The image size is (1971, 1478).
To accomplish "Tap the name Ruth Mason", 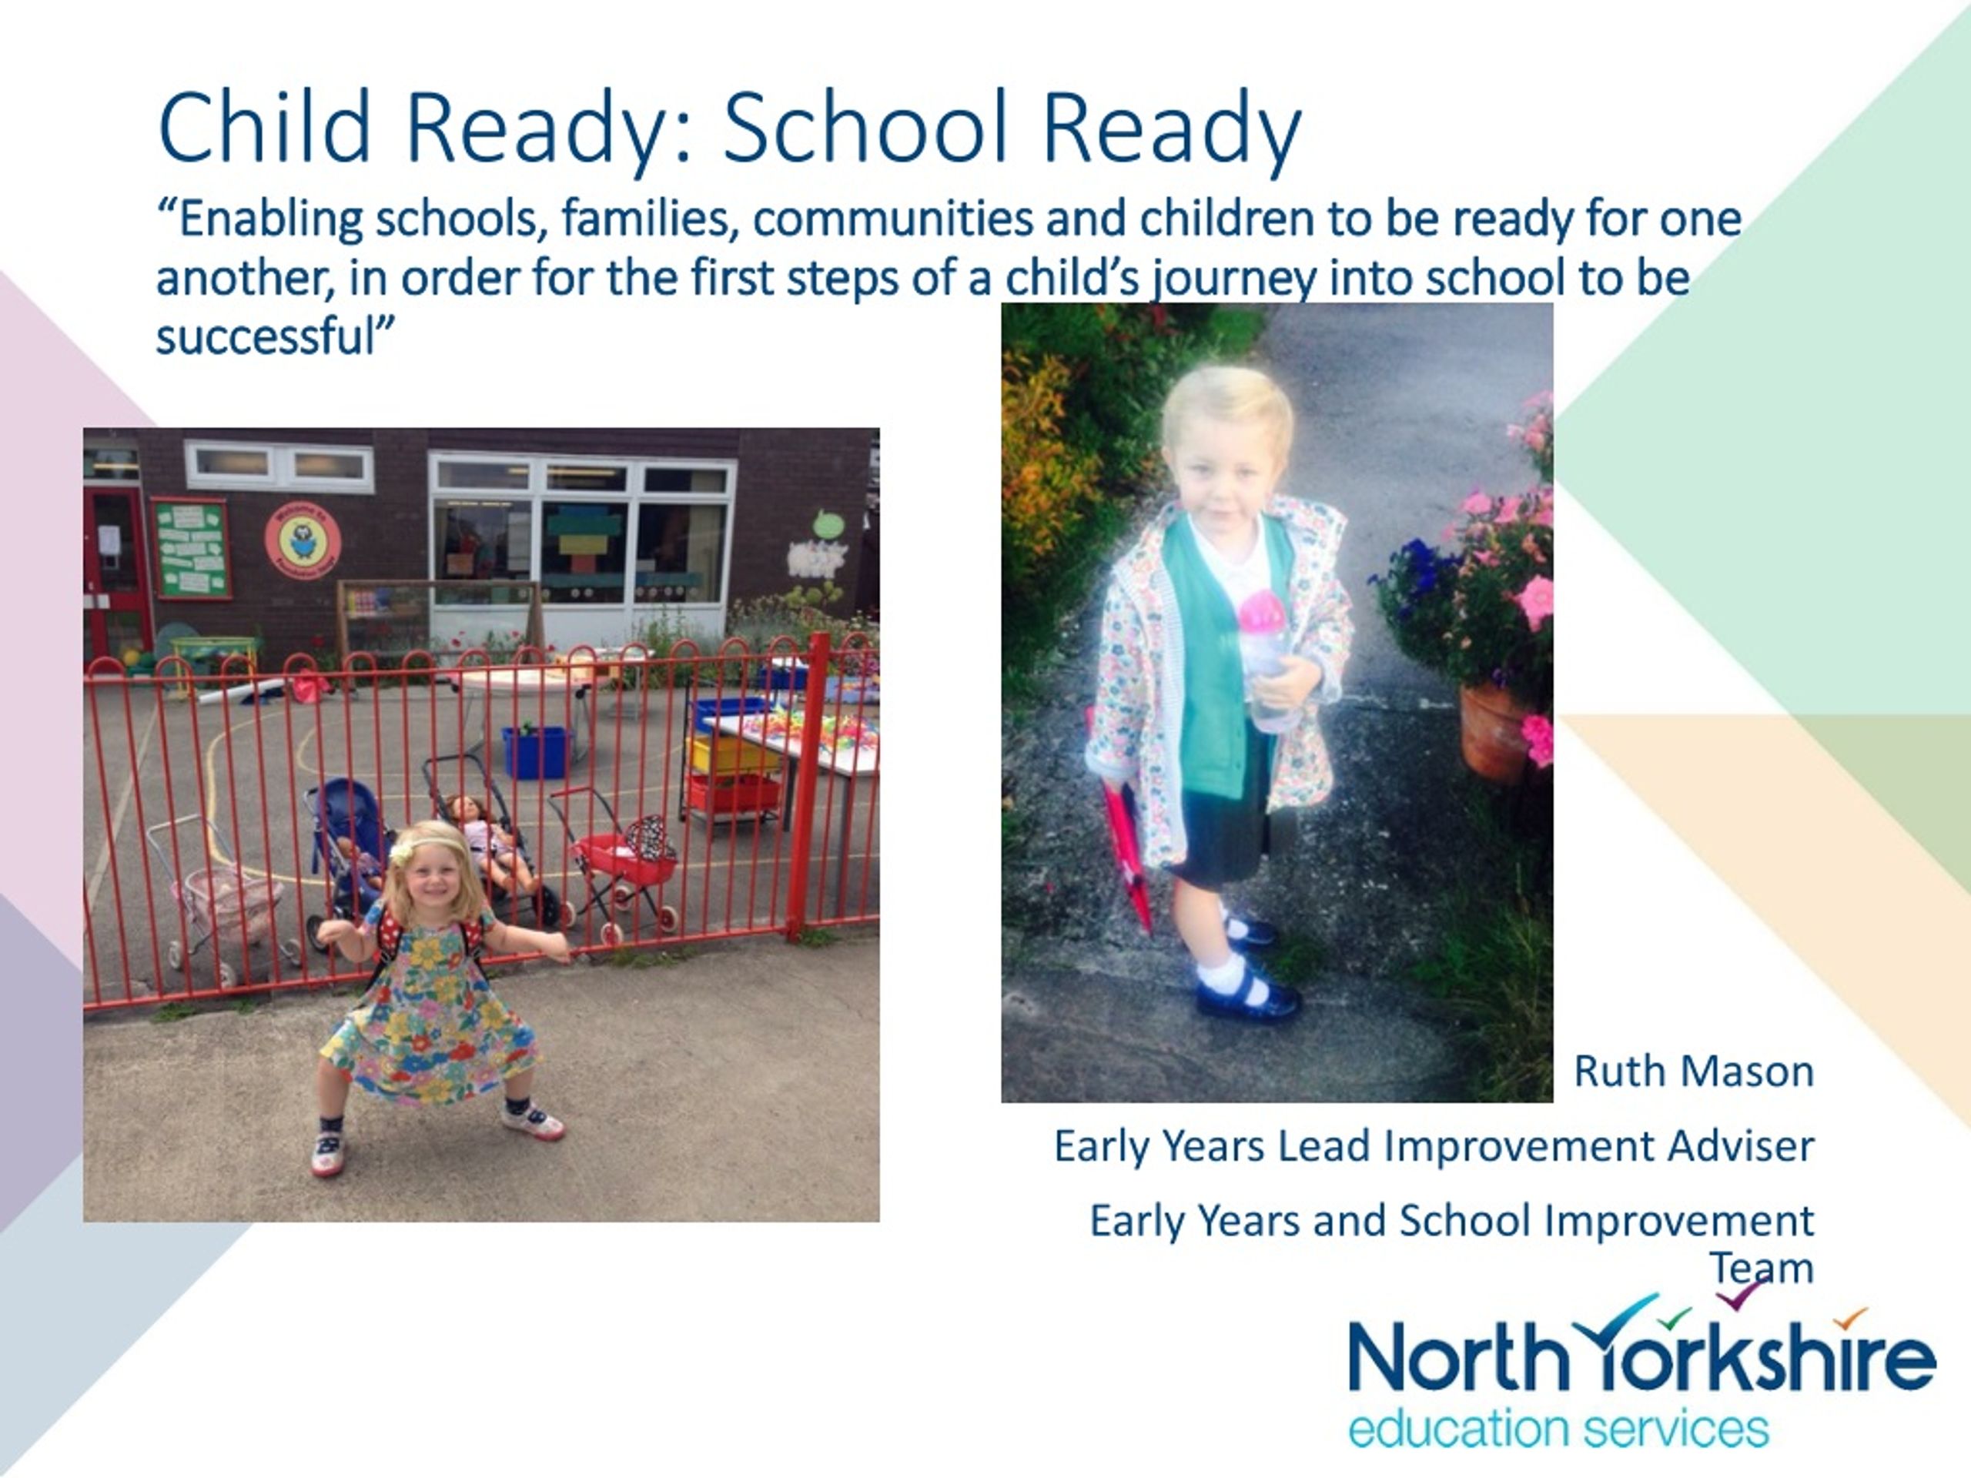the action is (x=1694, y=1071).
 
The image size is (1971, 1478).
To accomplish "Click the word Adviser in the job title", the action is (x=1741, y=1145).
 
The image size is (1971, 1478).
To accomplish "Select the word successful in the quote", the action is (x=266, y=336).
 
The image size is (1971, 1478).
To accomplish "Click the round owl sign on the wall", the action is (x=303, y=539).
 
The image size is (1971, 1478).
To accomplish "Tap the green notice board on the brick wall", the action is (x=191, y=548).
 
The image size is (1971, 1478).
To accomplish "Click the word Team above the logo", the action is (x=1762, y=1268).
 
